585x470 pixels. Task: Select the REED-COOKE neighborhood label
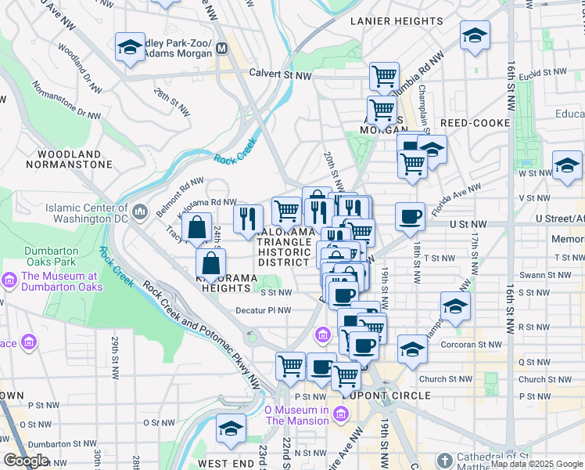475,123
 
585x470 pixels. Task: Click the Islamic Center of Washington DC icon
140,211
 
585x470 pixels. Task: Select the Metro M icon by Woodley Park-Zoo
222,48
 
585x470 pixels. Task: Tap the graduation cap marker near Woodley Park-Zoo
130,47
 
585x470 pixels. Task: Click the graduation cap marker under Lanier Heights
474,35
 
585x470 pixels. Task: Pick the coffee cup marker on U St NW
409,218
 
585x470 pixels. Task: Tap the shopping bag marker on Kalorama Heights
211,263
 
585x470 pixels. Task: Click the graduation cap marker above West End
231,428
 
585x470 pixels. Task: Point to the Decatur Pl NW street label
264,310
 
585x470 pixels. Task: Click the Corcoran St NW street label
472,344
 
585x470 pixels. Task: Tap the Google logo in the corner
26,461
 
